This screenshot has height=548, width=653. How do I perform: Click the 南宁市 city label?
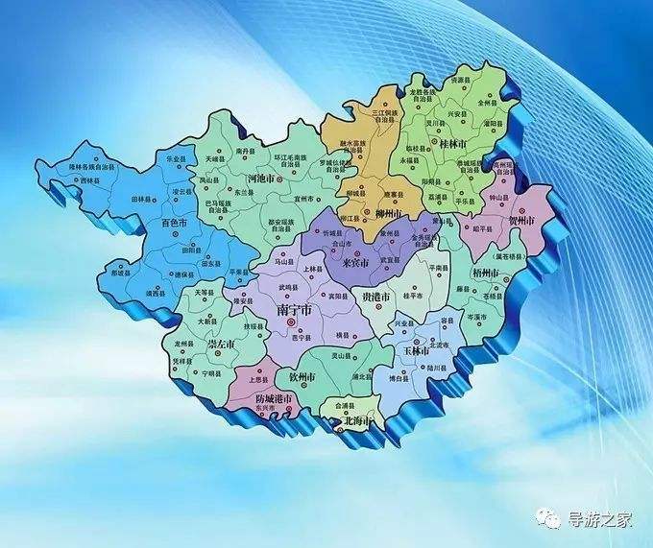point(294,311)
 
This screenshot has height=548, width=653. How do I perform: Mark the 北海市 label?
point(357,420)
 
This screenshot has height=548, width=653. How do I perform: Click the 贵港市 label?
point(375,298)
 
